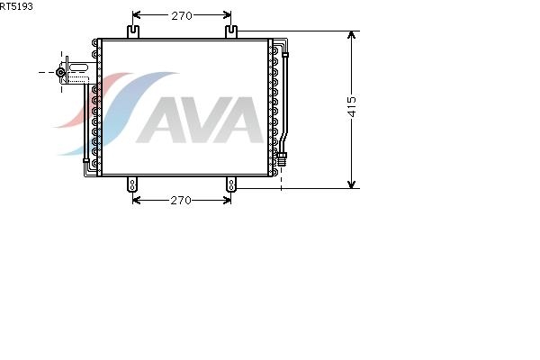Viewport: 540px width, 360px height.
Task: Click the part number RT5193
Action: (16, 6)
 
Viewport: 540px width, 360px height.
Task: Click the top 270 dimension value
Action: (182, 16)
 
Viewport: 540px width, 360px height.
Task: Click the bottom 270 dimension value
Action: (181, 201)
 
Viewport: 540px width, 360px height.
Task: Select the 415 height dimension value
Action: (352, 107)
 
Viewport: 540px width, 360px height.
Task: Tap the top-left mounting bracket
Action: (133, 31)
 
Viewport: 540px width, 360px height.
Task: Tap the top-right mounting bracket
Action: (231, 31)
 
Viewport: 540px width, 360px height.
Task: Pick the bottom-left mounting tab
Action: (132, 184)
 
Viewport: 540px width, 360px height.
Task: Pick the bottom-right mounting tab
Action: (231, 184)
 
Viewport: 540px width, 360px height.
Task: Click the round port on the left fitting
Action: (60, 72)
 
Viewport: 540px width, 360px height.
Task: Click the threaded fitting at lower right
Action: (282, 158)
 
